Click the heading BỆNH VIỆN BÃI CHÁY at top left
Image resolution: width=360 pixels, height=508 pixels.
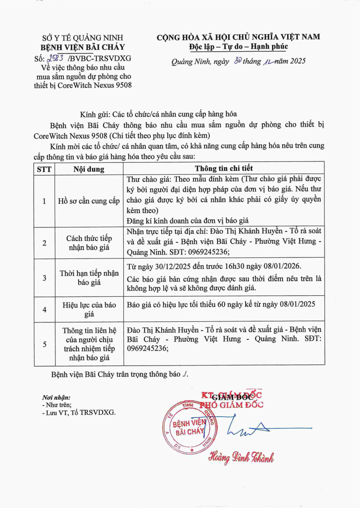pyautogui.click(x=83, y=47)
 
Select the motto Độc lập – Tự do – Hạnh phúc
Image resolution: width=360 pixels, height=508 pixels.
pyautogui.click(x=238, y=47)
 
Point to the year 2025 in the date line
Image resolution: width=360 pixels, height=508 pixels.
pyautogui.click(x=297, y=62)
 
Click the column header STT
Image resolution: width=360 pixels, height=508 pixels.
pyautogui.click(x=44, y=169)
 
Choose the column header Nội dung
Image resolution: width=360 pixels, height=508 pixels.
pyautogui.click(x=89, y=169)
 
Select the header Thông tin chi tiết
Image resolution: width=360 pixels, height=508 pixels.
pyautogui.click(x=224, y=169)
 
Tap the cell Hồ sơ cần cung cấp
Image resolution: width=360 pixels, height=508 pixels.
pyautogui.click(x=89, y=201)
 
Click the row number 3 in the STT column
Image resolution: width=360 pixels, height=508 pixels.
pyautogui.click(x=44, y=278)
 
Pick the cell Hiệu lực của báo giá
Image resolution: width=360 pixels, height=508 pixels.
pyautogui.click(x=89, y=309)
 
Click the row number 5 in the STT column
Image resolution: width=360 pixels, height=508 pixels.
pyautogui.click(x=44, y=344)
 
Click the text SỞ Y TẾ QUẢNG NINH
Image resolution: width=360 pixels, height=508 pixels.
pyautogui.click(x=83, y=38)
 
